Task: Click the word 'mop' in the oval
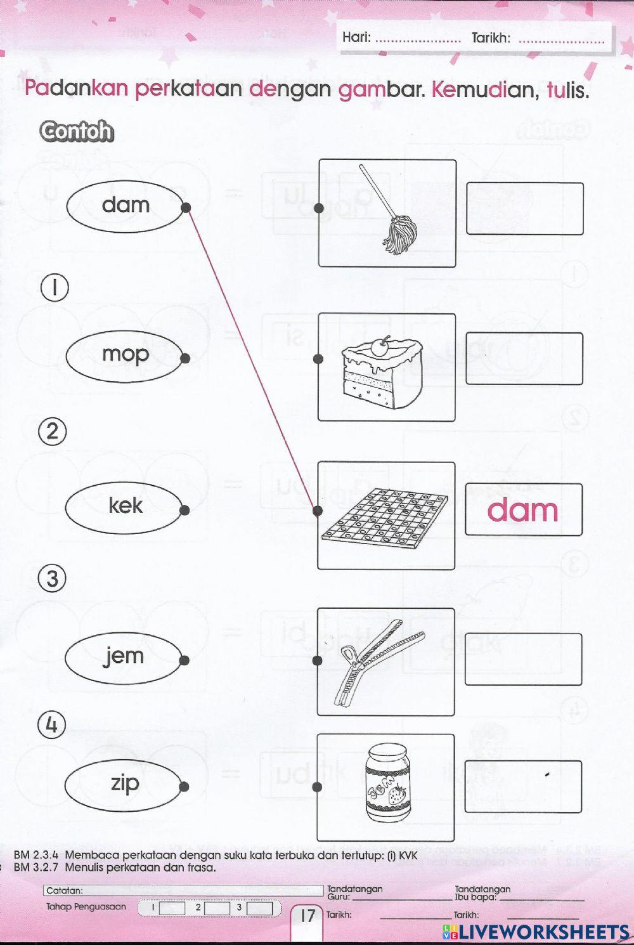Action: coord(125,355)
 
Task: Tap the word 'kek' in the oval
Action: coord(126,506)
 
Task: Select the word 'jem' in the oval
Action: coord(124,656)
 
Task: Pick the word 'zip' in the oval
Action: coord(125,783)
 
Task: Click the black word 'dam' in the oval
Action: coord(126,205)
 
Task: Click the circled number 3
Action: coord(53,579)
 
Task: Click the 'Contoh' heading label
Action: coord(76,131)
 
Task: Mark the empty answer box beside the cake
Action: coord(524,358)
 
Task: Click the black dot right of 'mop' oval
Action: coord(185,358)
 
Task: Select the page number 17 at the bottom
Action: coord(307,915)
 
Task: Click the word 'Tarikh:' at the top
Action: coord(491,38)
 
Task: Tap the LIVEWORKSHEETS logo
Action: coord(536,930)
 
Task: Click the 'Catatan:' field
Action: coord(183,890)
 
